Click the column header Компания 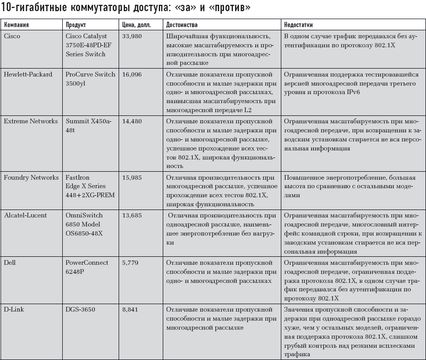pyautogui.click(x=16, y=25)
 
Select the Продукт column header pyautogui.click(x=76, y=25)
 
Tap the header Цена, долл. pyautogui.click(x=137, y=25)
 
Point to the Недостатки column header pyautogui.click(x=298, y=25)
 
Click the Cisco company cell pyautogui.click(x=12, y=36)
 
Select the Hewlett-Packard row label pyautogui.click(x=28, y=74)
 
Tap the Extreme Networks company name pyautogui.click(x=30, y=121)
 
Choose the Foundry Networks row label pyautogui.click(x=31, y=178)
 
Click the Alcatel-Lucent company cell pyautogui.click(x=25, y=215)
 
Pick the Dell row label pyautogui.click(x=10, y=263)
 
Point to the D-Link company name pyautogui.click(x=14, y=309)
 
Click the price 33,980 pyautogui.click(x=132, y=36)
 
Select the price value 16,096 pyautogui.click(x=132, y=74)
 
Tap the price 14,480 pyautogui.click(x=132, y=121)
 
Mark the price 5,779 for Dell pyautogui.click(x=130, y=263)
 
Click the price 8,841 pyautogui.click(x=130, y=309)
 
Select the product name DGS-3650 pyautogui.click(x=81, y=309)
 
